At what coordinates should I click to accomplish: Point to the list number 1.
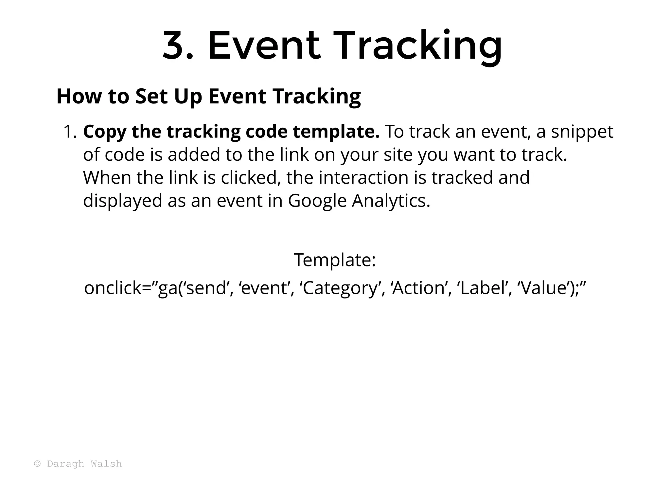(x=70, y=132)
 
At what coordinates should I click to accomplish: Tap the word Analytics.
(x=391, y=201)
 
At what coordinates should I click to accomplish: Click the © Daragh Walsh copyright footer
(x=78, y=464)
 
